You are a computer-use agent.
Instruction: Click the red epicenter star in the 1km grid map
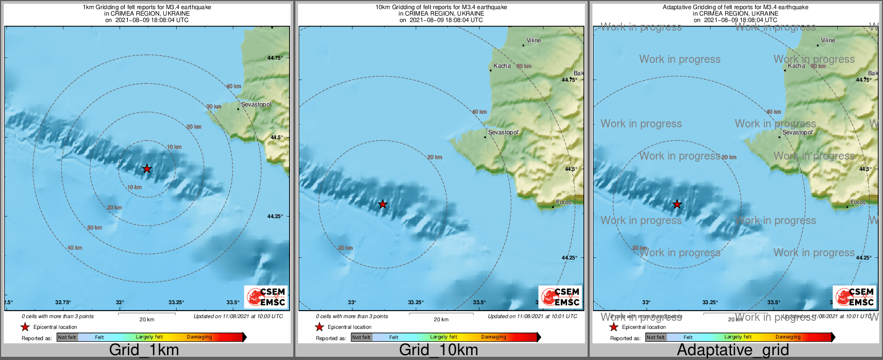coord(147,169)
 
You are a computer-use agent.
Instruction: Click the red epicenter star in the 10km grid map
coord(382,204)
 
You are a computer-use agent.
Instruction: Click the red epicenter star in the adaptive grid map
coord(677,204)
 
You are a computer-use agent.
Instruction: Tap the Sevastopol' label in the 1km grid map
coord(256,104)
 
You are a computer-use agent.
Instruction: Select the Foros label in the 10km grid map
coord(563,203)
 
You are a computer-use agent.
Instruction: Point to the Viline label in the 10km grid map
coord(533,40)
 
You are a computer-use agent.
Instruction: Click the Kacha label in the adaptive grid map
coord(797,66)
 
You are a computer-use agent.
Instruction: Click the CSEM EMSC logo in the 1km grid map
coord(266,297)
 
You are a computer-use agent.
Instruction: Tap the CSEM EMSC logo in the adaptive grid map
coord(855,297)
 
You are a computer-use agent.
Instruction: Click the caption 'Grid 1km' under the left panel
coord(144,350)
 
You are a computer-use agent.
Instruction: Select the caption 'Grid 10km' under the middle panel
coord(438,350)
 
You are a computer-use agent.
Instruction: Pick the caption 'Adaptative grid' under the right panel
coord(733,350)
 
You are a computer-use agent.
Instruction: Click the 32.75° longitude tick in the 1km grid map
coord(63,303)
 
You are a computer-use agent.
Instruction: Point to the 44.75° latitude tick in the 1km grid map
coord(275,58)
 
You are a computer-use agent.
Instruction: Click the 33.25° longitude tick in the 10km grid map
coord(416,303)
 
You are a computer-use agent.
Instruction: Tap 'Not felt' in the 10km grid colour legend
coord(361,337)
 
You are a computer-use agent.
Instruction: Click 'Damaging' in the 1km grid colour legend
coord(199,337)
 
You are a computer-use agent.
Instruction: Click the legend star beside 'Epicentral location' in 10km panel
coord(319,327)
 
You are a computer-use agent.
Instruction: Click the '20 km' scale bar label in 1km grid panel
coord(147,319)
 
